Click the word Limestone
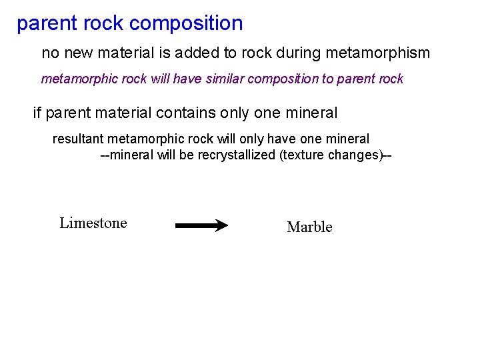[93, 223]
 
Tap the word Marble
[309, 227]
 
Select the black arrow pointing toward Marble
[201, 226]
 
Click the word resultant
[78, 139]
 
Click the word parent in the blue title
[45, 24]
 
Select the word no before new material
[50, 52]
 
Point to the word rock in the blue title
[101, 24]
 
